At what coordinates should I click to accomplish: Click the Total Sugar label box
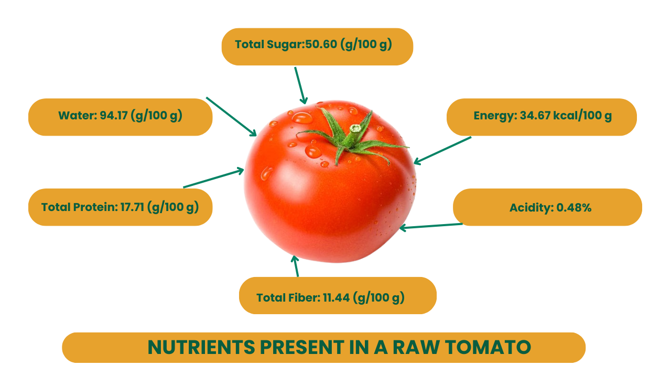click(x=317, y=47)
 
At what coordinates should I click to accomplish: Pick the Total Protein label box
click(x=121, y=207)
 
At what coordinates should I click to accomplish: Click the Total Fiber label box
click(x=338, y=296)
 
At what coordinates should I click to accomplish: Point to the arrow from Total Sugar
click(x=300, y=85)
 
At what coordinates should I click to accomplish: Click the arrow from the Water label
click(x=231, y=117)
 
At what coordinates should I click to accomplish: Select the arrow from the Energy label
click(x=442, y=150)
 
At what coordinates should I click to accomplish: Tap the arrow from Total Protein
click(x=213, y=178)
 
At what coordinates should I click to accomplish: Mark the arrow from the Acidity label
click(x=431, y=227)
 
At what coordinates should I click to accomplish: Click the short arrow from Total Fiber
click(x=296, y=266)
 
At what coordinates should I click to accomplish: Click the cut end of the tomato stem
click(x=355, y=129)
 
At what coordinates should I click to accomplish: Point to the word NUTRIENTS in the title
click(x=201, y=347)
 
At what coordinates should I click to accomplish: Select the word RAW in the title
click(x=416, y=347)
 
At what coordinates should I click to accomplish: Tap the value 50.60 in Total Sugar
click(x=321, y=45)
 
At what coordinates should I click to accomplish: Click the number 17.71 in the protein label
click(x=132, y=207)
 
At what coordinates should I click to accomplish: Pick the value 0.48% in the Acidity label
click(x=573, y=207)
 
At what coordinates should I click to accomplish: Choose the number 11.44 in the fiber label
click(x=336, y=298)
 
